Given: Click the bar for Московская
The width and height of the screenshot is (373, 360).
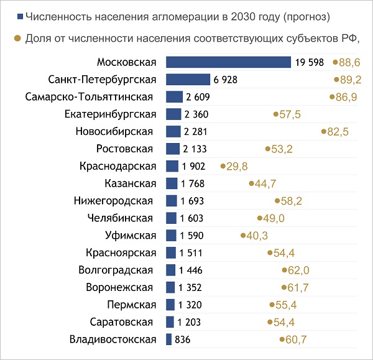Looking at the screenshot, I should tap(228, 62).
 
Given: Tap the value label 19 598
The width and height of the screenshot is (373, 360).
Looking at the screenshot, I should tap(310, 62).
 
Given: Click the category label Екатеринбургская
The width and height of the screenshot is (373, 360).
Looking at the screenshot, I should tap(109, 114).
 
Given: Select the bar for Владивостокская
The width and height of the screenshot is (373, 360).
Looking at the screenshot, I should tap(168, 339).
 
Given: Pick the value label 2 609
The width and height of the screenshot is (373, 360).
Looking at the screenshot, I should tap(198, 97).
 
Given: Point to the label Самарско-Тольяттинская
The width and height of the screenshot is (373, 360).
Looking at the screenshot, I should tap(90, 97).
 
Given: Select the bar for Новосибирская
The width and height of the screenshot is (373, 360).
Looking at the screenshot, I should tap(173, 132).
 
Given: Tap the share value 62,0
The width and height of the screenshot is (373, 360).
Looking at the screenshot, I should tap(299, 270).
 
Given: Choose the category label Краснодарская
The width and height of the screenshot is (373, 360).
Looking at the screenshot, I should tap(116, 166).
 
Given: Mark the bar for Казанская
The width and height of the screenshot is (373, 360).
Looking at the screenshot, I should tap(172, 183).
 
